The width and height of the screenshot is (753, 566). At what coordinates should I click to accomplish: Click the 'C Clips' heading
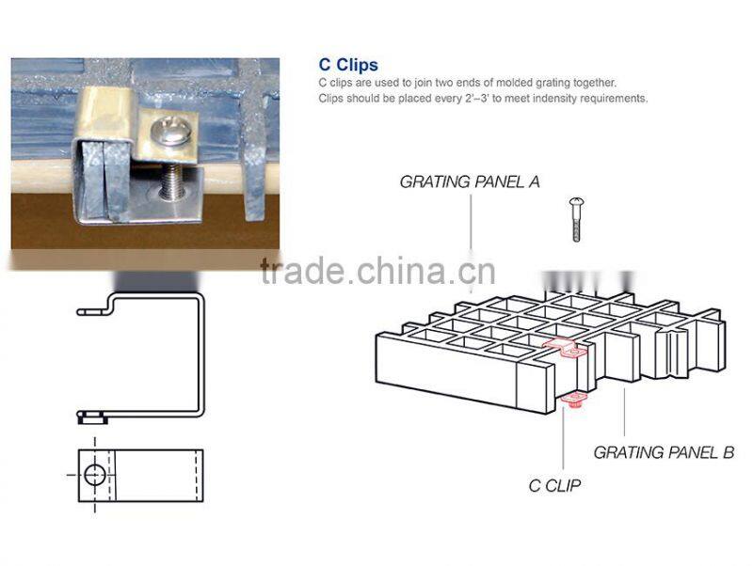[348, 65]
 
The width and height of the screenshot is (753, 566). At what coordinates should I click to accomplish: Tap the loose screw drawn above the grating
[576, 219]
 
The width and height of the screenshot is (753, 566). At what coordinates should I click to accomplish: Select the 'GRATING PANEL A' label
[470, 181]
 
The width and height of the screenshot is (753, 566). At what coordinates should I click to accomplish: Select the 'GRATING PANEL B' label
[664, 452]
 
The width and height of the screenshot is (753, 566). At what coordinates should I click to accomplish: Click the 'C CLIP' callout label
[554, 486]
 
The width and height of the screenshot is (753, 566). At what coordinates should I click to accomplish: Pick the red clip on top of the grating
[564, 348]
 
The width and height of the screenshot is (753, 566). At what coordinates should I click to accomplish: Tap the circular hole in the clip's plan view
[95, 475]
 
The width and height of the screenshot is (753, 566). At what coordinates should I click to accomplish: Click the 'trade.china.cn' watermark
[377, 271]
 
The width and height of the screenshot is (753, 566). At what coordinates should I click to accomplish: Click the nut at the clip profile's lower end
[92, 417]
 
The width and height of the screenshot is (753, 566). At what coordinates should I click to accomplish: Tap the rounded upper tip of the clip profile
[80, 312]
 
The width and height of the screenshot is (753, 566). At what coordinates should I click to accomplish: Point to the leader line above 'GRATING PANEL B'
[624, 412]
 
